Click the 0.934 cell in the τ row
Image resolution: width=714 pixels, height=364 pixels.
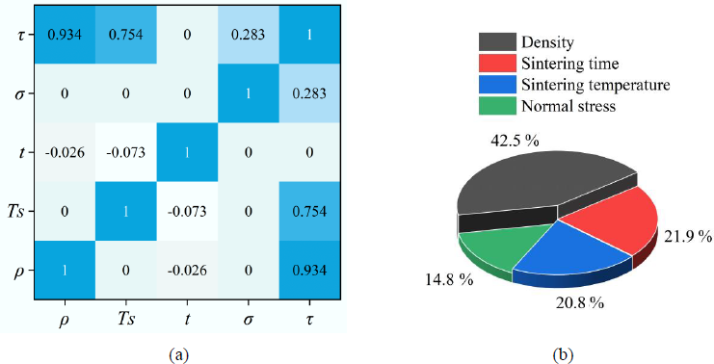(x=65, y=35)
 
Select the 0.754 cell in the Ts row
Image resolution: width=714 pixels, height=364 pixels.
(x=309, y=211)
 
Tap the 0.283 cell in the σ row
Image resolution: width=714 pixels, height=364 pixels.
(x=309, y=93)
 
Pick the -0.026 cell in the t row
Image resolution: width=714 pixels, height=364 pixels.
(x=65, y=152)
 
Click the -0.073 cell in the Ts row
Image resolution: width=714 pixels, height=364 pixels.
(x=187, y=211)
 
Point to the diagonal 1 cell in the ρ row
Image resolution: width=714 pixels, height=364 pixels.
(x=65, y=270)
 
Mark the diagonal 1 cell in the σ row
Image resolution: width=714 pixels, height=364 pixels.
(x=249, y=93)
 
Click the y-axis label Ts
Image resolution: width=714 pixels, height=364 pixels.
(x=14, y=212)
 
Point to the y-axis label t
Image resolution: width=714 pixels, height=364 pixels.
(x=21, y=152)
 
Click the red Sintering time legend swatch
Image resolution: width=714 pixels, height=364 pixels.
(x=497, y=64)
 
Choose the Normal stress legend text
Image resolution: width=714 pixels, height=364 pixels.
(x=569, y=106)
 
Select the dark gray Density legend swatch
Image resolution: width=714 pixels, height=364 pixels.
(x=497, y=41)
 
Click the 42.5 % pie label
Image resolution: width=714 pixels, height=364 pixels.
(x=515, y=141)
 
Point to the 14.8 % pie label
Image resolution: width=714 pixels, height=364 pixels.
(x=449, y=279)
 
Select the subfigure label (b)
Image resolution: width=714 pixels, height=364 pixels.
(x=564, y=355)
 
